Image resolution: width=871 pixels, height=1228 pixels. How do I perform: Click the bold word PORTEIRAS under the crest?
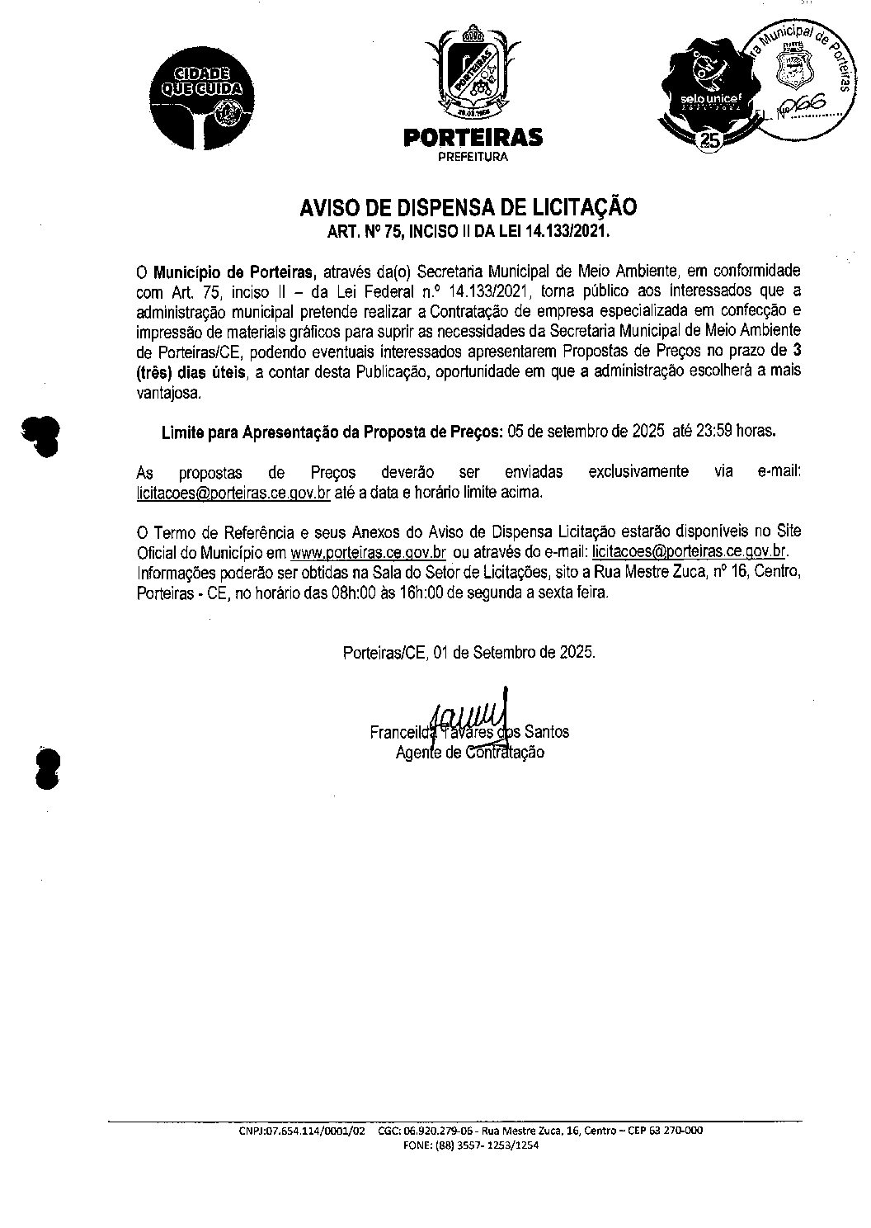(x=473, y=137)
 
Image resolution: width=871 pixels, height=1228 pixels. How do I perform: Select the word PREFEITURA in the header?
(x=473, y=157)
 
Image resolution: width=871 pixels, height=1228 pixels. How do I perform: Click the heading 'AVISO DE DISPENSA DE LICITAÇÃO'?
(x=468, y=207)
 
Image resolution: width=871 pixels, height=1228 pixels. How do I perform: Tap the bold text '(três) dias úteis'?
(x=191, y=372)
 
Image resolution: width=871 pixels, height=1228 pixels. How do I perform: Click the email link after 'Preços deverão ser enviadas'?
(x=233, y=493)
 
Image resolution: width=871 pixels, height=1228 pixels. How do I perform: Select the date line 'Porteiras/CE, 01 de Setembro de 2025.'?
(x=468, y=652)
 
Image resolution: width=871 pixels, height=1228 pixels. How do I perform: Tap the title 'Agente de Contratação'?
(x=469, y=752)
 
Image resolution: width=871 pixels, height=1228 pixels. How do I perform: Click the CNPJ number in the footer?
(x=302, y=1131)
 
